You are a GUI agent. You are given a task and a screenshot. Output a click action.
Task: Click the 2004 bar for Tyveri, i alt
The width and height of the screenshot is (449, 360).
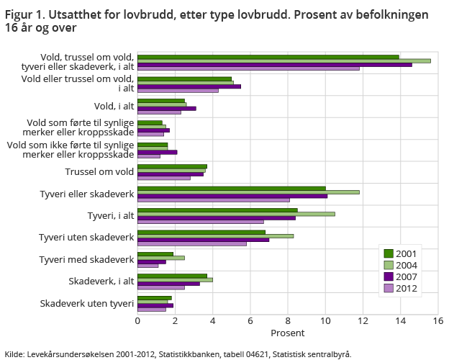[236, 214]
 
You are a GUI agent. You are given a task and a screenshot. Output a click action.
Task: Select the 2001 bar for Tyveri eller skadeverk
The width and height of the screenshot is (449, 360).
[231, 188]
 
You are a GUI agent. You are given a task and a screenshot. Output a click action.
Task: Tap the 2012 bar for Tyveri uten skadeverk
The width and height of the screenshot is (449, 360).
[191, 243]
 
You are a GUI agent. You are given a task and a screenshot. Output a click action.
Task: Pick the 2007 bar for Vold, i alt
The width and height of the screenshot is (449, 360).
[166, 108]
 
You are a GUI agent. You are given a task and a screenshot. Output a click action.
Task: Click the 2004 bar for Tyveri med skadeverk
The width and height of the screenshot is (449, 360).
[160, 257]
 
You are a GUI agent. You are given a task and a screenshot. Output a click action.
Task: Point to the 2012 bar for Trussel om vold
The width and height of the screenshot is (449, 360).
[163, 178]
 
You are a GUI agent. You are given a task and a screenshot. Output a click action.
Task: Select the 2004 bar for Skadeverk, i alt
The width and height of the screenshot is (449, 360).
[175, 279]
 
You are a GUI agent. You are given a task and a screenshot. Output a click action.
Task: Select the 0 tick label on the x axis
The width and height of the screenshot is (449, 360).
[137, 322]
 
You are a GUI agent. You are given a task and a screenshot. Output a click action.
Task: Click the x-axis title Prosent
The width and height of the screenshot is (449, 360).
[287, 333]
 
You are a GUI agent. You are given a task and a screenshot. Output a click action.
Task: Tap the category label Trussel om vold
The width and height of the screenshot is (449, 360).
[99, 171]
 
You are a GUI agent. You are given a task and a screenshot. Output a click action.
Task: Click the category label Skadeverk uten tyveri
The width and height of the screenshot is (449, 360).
[87, 303]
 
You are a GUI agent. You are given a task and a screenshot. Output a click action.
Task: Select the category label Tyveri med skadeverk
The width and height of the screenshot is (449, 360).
[86, 259]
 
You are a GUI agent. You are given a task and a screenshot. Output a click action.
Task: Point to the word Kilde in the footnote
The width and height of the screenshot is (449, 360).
[14, 354]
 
